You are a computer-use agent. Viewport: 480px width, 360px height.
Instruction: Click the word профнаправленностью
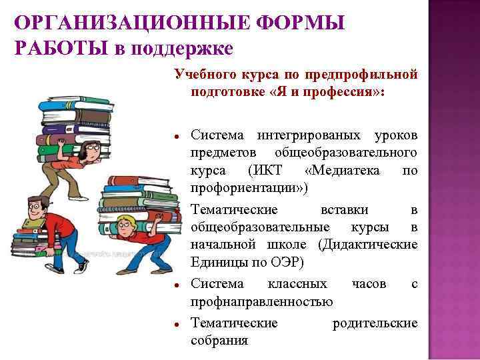tap(262, 301)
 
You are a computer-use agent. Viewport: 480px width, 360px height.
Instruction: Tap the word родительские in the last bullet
tap(375, 323)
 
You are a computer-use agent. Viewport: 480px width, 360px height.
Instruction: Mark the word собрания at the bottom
tap(219, 341)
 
